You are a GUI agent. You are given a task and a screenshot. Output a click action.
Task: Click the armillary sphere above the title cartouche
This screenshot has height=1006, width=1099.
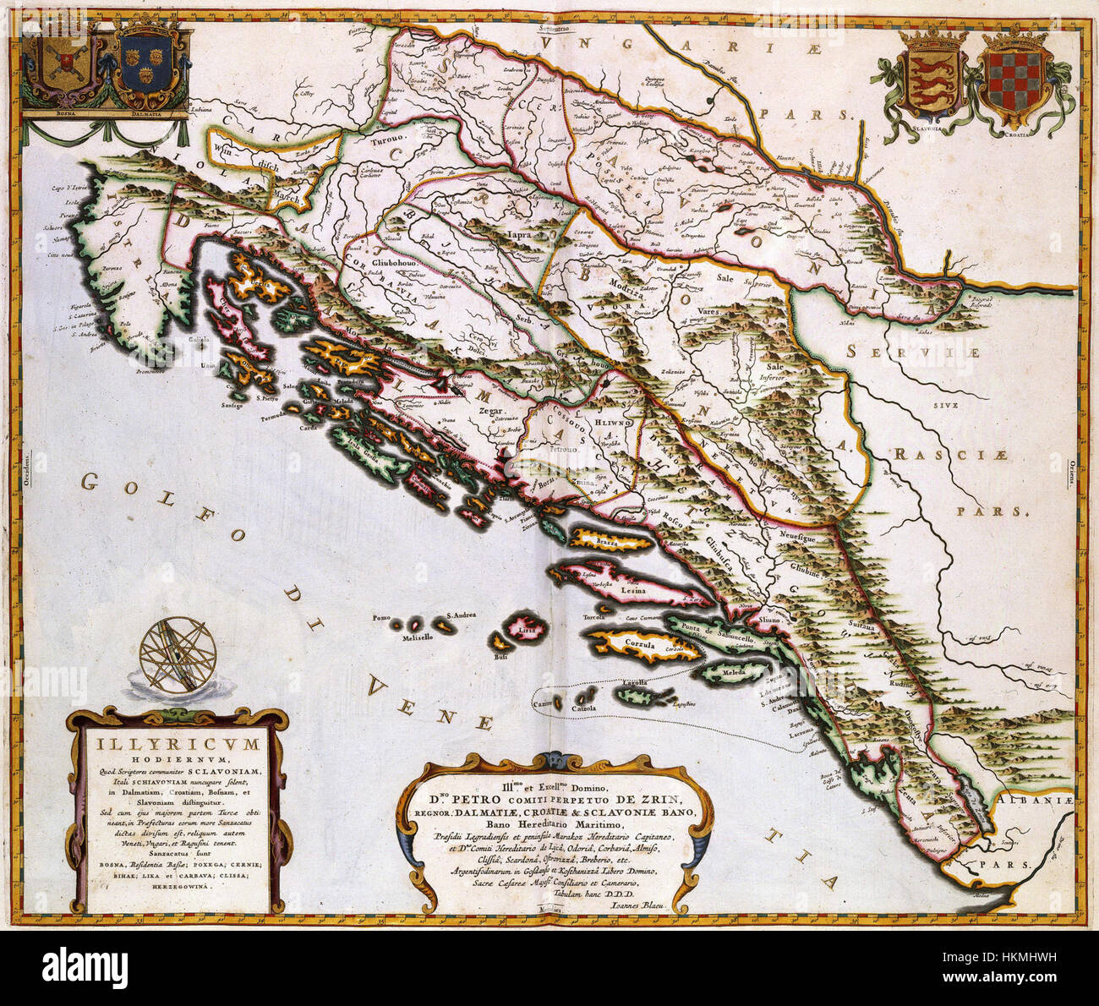coord(178,654)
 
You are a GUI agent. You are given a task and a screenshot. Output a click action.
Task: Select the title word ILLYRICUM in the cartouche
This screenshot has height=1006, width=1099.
coord(177,746)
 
